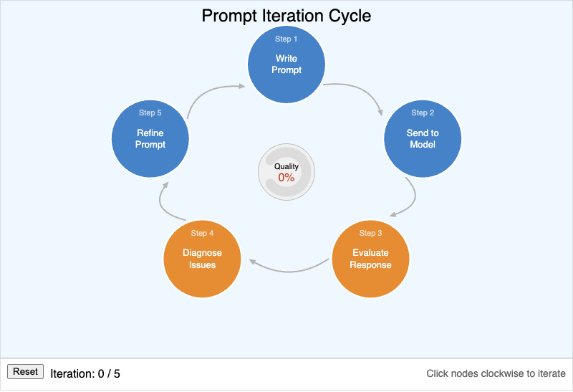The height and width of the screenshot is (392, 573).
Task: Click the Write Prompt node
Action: pos(286,65)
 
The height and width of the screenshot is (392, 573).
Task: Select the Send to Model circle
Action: pos(423,140)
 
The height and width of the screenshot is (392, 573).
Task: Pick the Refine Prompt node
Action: pos(150,140)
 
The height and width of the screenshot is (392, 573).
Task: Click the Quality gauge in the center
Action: pos(286,172)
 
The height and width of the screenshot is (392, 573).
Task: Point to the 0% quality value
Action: pos(286,178)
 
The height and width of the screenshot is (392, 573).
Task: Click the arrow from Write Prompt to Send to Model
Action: pos(362,91)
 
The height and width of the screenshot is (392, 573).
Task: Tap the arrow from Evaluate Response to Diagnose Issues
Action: pos(286,270)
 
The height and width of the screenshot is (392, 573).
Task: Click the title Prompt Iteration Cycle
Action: pos(286,16)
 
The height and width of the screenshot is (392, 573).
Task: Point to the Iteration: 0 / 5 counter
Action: pos(85,373)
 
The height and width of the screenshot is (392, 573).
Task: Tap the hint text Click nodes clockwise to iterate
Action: pos(496,373)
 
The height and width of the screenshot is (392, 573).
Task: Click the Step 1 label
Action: pos(286,39)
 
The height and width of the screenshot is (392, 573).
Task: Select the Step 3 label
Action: pos(370,234)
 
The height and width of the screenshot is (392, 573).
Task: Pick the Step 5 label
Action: pos(150,113)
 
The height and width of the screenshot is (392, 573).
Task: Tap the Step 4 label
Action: pos(202,234)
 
